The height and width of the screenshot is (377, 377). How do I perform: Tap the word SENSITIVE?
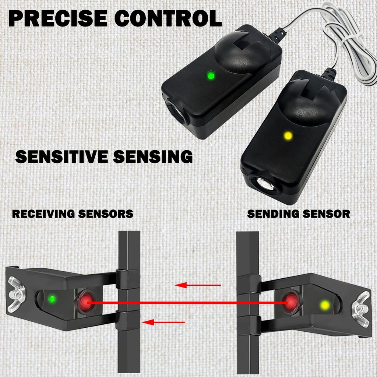click(62, 156)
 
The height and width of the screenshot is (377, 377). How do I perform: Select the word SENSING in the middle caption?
click(153, 156)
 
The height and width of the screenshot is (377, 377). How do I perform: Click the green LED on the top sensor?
click(211, 76)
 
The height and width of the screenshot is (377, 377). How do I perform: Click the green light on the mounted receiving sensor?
click(52, 298)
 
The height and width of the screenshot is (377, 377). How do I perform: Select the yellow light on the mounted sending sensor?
click(325, 305)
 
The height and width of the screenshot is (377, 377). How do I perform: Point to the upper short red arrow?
click(198, 285)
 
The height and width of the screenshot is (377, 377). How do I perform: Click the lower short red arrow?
click(163, 323)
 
